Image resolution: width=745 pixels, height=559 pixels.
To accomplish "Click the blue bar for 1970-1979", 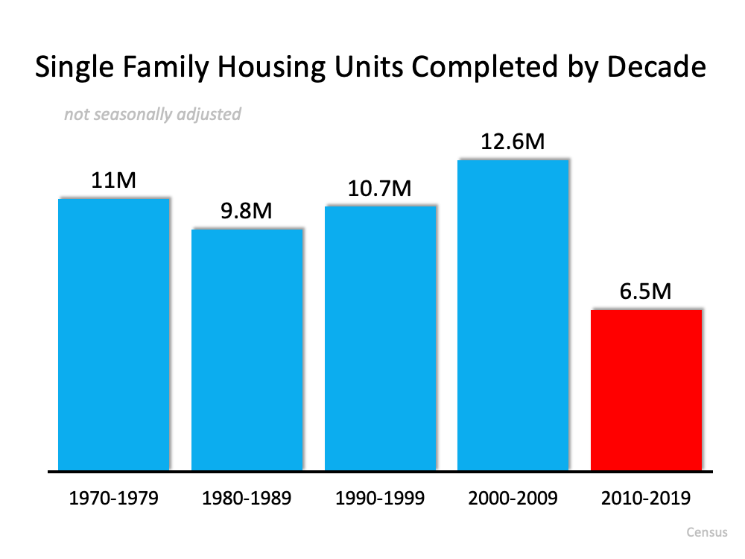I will pyautogui.click(x=113, y=335).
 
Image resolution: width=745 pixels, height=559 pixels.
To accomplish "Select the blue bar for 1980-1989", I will pyautogui.click(x=247, y=350).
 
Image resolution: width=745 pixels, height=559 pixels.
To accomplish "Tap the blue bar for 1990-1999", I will pyautogui.click(x=380, y=338).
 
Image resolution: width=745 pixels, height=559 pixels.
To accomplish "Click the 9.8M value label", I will pyautogui.click(x=247, y=211).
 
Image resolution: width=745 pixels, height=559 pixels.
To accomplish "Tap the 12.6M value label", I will pyautogui.click(x=513, y=141).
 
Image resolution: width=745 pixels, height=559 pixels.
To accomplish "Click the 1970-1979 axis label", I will pyautogui.click(x=113, y=498).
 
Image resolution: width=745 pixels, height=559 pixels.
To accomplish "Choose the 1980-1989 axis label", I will pyautogui.click(x=247, y=498).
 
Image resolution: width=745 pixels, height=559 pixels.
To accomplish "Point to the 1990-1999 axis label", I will pyautogui.click(x=380, y=498).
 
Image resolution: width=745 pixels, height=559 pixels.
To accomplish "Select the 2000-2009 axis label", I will pyautogui.click(x=513, y=498).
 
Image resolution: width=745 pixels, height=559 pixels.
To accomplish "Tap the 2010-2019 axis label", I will pyautogui.click(x=646, y=498).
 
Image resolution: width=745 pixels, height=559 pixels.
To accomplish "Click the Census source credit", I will pyautogui.click(x=706, y=533).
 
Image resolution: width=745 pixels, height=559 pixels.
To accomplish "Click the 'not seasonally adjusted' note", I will pyautogui.click(x=152, y=114).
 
